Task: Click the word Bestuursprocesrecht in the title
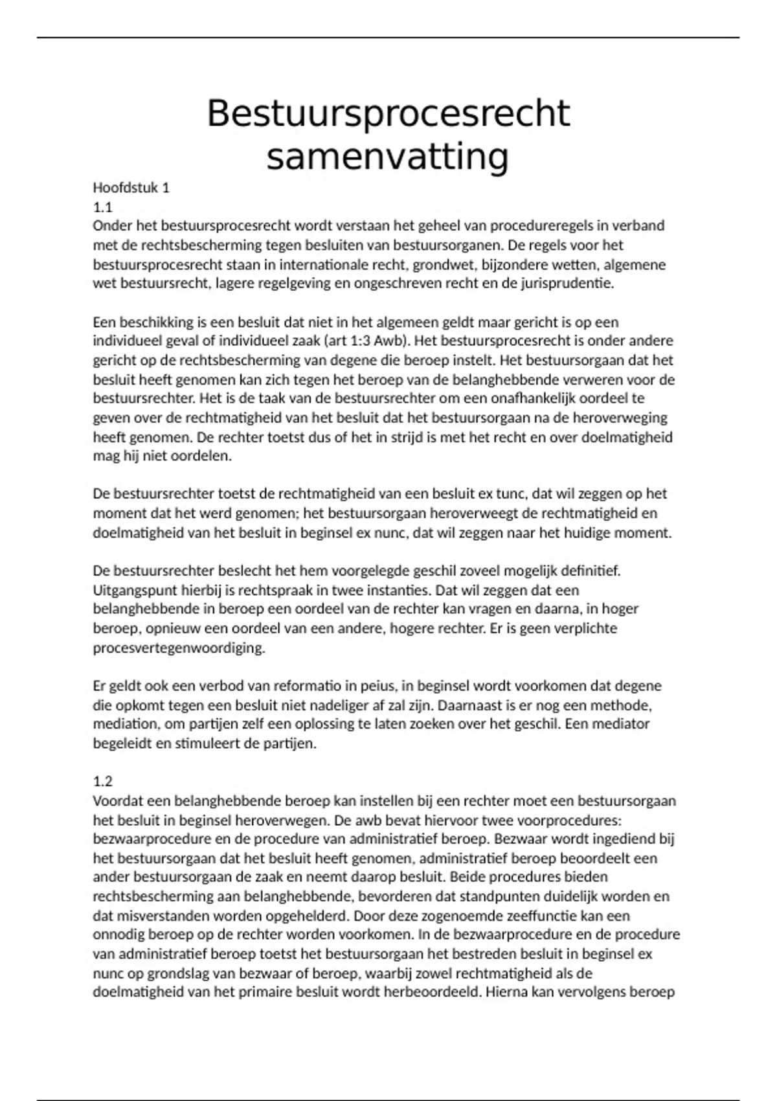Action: click(388, 114)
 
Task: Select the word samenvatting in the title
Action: click(388, 157)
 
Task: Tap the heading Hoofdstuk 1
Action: click(131, 188)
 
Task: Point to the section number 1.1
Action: click(102, 207)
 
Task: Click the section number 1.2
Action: click(102, 782)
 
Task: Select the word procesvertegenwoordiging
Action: click(179, 648)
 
